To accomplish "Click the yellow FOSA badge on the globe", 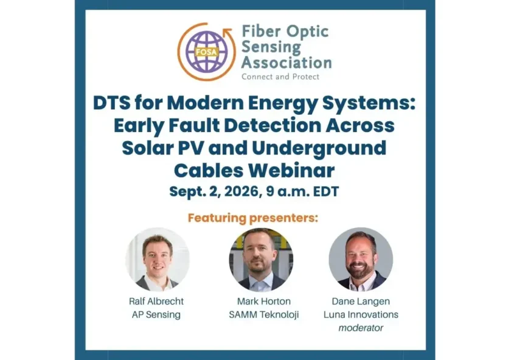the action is [x=206, y=52].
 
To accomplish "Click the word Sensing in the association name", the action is [x=271, y=47].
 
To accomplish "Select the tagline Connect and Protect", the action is [x=280, y=77].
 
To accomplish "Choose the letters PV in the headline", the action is [x=190, y=148].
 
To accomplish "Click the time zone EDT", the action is [x=326, y=192].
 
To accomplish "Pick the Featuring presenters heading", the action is [x=252, y=218].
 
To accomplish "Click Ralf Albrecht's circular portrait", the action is [x=158, y=260].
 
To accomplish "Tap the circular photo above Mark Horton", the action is [x=261, y=260].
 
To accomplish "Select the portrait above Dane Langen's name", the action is [x=361, y=260].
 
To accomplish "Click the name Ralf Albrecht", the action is [x=156, y=302].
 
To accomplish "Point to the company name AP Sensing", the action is [x=156, y=315].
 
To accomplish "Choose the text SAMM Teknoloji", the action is [x=264, y=315].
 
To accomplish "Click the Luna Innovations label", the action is [x=361, y=314].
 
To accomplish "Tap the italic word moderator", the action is [x=361, y=328].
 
